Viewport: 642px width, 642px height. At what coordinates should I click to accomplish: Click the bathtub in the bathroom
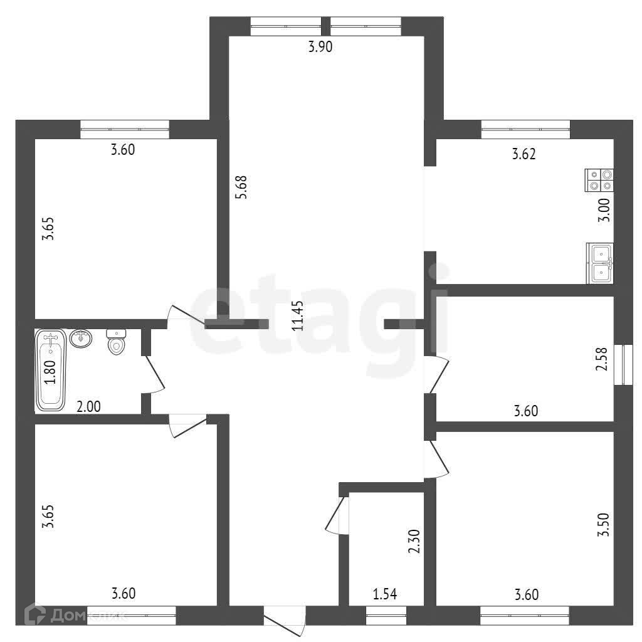coord(51,370)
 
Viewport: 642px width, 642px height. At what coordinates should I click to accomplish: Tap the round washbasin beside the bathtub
coord(81,339)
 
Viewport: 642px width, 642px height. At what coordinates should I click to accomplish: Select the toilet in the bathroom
coord(116,342)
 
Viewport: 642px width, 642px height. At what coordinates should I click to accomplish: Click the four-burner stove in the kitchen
coord(599,180)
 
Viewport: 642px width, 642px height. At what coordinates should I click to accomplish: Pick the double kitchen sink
coord(600,263)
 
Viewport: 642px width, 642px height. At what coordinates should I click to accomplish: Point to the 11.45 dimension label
coord(298,316)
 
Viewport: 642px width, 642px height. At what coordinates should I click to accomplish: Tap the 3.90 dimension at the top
coord(320,46)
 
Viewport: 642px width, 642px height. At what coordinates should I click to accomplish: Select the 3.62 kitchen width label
coord(524,154)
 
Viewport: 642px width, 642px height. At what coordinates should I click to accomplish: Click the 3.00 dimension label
coord(604,209)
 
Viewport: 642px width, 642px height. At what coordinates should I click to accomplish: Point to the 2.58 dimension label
coord(602,359)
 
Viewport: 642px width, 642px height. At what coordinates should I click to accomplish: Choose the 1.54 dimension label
coord(385,594)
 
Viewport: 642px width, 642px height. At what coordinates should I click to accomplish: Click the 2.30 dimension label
coord(414,541)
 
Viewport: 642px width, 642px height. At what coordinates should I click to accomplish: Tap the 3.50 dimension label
coord(604,525)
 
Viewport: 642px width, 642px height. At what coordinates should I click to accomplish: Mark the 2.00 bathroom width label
coord(89,406)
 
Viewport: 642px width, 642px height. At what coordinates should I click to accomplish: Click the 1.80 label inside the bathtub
coord(50,372)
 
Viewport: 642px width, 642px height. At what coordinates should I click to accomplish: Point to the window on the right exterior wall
coord(624,365)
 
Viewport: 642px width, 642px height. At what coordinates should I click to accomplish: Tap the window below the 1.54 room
coord(386,615)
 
